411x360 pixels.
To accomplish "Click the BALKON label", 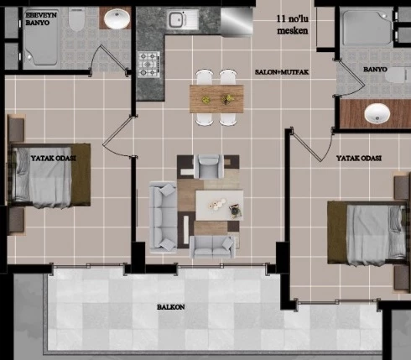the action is point(171,307).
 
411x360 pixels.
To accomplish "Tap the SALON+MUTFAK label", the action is point(282,72).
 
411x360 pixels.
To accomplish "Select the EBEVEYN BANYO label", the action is point(41,18).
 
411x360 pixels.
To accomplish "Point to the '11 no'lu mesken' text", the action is point(293,24).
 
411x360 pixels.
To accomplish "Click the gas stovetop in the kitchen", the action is point(148,65).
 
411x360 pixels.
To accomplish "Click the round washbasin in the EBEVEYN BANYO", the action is point(117,18).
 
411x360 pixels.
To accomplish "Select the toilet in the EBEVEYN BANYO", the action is point(76,18).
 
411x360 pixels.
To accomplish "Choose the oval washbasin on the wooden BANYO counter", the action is point(377,113).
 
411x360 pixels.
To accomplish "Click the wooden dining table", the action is point(216,99).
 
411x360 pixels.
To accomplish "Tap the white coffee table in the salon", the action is point(219,206).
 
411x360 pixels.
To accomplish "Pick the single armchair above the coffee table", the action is point(209,166).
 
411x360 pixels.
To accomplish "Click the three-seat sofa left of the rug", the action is point(163,216).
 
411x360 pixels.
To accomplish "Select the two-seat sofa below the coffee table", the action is point(212,247).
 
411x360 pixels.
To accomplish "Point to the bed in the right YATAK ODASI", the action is point(367,233).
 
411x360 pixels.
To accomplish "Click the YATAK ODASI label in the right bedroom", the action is point(359,159).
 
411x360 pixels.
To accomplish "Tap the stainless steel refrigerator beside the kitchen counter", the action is point(237,22).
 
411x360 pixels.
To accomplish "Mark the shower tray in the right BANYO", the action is point(367,28).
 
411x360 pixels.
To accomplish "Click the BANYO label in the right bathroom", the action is point(375,70).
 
